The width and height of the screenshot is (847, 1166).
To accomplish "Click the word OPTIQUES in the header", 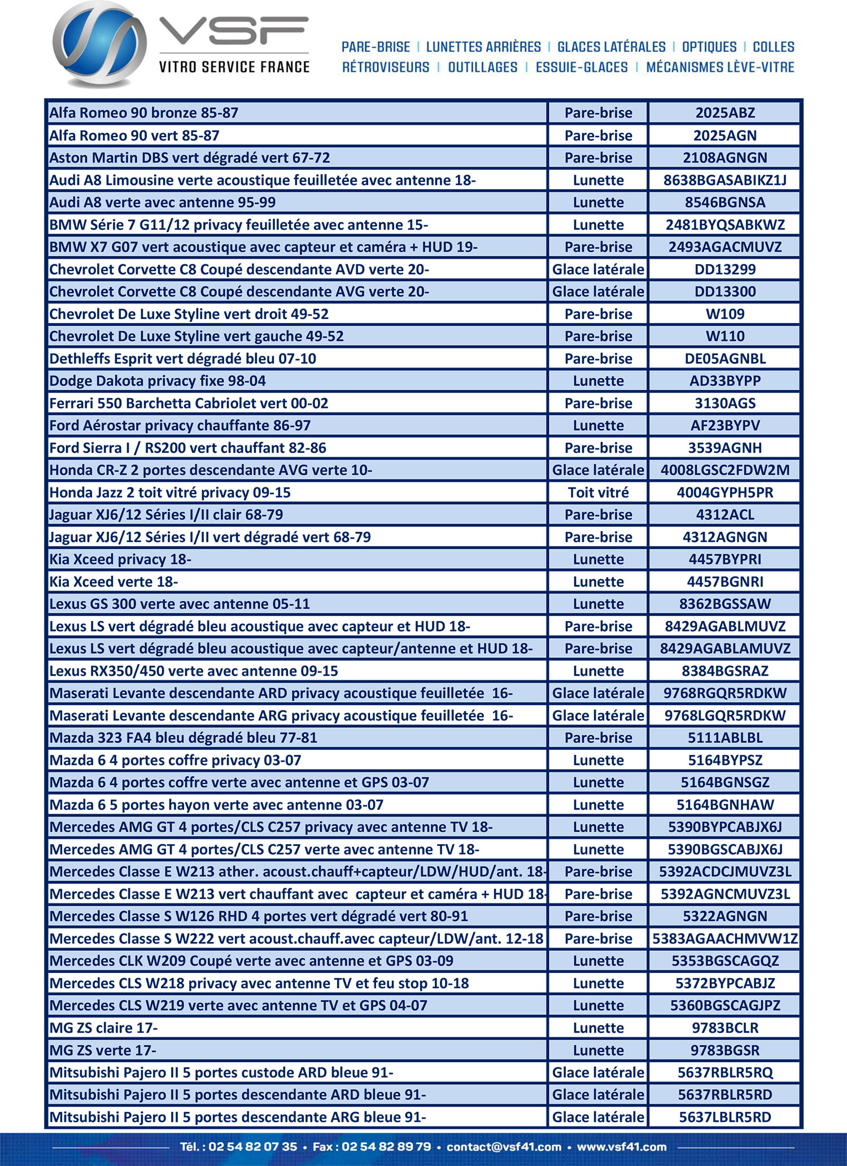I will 709,47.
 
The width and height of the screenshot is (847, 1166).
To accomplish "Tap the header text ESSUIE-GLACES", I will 582,67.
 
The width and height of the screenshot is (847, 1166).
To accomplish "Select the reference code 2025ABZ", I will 725,113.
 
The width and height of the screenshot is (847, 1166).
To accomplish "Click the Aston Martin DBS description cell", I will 190,158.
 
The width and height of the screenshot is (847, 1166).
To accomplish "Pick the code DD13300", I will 725,291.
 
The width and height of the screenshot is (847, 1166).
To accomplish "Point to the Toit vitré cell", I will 598,492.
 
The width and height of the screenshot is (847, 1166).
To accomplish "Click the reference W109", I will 725,314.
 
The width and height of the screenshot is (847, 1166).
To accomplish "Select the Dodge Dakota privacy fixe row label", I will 158,381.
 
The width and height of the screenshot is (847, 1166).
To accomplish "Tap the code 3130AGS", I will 725,403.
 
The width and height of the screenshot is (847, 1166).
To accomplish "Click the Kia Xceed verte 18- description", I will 113,582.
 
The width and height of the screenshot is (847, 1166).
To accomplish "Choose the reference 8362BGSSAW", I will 725,604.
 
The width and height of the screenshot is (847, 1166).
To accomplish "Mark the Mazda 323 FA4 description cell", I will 184,737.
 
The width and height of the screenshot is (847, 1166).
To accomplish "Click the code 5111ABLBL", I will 725,737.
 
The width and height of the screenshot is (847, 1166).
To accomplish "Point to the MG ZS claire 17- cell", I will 103,1028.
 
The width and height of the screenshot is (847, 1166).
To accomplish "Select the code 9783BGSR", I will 725,1050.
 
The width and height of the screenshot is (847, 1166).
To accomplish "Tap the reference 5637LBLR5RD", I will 725,1117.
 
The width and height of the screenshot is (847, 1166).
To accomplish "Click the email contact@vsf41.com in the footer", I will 504,1147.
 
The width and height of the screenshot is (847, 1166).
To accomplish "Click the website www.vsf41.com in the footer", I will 622,1147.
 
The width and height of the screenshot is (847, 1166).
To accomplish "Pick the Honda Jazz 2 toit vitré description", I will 170,492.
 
